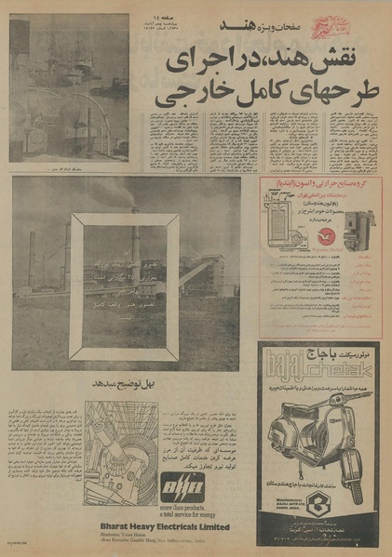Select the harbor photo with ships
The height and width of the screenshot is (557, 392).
point(70,87)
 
